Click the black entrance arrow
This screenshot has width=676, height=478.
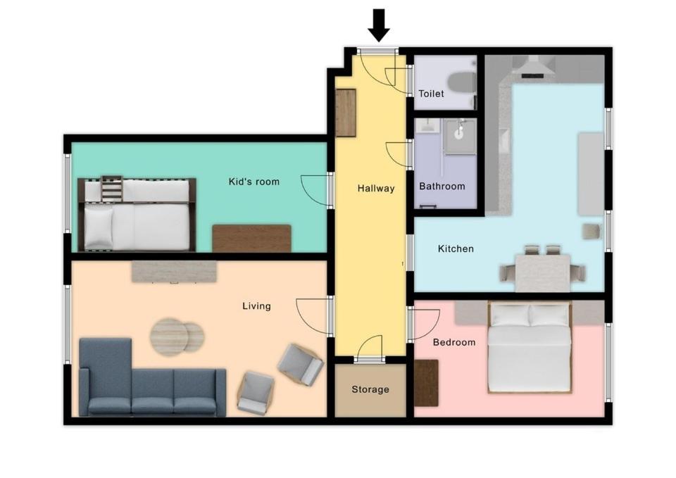379,25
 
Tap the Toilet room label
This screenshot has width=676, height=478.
431,94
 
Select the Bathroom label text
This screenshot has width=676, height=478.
442,186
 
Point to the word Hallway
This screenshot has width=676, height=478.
376,189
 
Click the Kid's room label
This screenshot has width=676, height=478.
254,182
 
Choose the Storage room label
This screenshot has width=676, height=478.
370,389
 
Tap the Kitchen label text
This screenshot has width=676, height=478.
456,249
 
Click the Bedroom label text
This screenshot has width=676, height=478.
454,342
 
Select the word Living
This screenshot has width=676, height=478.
256,306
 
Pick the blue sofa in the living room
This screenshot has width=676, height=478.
152,377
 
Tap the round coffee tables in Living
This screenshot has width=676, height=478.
177,337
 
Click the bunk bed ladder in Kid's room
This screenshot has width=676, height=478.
112,189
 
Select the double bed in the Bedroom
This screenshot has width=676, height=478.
530,347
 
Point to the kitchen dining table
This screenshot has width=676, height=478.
542,272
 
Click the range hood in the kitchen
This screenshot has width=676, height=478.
534,68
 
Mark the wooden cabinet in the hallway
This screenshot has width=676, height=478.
346,113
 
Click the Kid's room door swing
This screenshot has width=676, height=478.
315,190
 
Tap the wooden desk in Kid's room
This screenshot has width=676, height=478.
251,239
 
